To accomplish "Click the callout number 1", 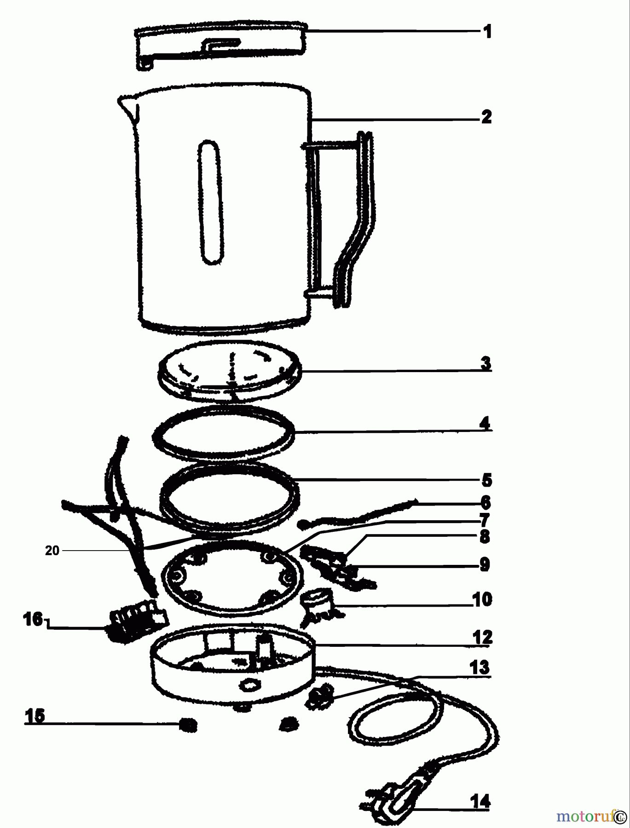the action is (487, 32).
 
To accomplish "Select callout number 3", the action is (486, 363).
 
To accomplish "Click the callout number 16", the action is (33, 619).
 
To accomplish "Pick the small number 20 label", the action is (52, 551).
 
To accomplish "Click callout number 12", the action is (482, 637).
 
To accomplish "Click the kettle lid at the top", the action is (220, 45).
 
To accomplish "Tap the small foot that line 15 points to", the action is (187, 725).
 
